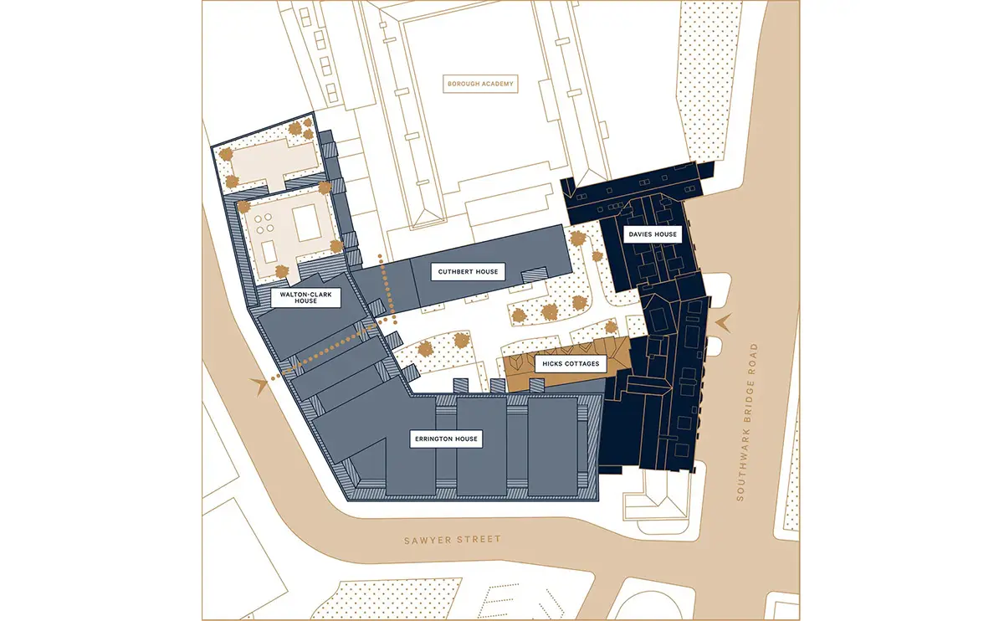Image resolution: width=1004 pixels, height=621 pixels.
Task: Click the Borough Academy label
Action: tap(480, 84)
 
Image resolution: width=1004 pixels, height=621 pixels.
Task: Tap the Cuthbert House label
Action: tap(468, 272)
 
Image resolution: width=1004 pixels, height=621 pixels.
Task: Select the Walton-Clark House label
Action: tap(305, 298)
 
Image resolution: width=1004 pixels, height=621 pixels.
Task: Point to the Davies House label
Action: tap(653, 234)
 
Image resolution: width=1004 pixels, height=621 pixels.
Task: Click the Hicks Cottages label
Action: tap(571, 363)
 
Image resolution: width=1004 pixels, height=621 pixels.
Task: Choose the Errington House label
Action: tap(446, 439)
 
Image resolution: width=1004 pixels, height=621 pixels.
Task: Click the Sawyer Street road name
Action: tap(453, 540)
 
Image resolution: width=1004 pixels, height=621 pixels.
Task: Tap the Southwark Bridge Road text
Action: tap(748, 422)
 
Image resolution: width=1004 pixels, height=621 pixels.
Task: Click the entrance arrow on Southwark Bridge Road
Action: tap(723, 322)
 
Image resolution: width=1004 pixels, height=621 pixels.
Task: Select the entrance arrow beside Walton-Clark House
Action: tap(260, 386)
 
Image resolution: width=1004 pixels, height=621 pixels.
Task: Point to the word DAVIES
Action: tap(641, 234)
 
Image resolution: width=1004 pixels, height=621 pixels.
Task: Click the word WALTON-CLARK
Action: tap(305, 295)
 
